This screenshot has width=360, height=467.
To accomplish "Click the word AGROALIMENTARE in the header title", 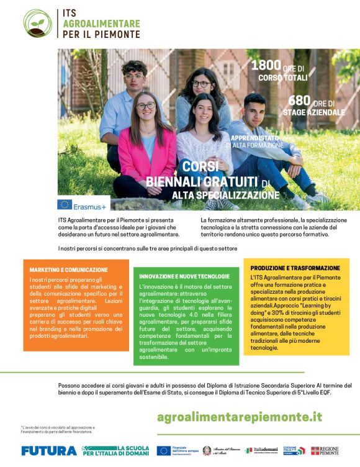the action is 102,24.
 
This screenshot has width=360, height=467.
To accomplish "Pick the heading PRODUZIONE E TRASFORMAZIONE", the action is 295,268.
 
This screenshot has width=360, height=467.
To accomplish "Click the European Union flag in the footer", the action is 164,450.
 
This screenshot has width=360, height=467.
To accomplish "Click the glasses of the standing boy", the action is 133,76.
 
